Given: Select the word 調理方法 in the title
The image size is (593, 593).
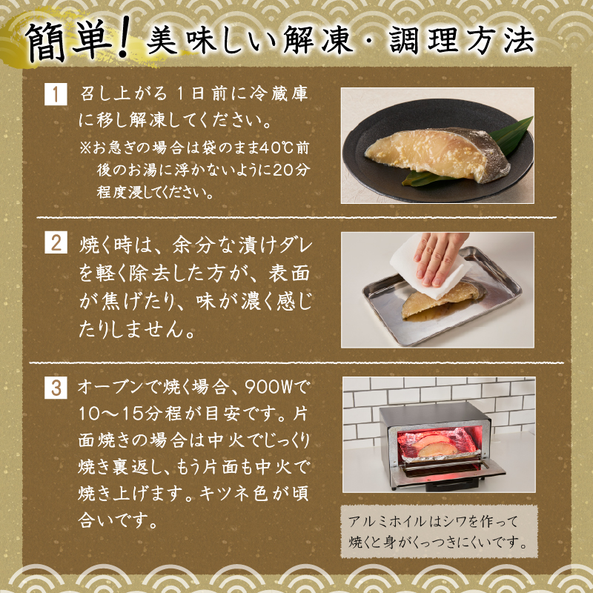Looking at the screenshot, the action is (x=462, y=40).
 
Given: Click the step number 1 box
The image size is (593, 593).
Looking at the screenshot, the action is (x=56, y=94).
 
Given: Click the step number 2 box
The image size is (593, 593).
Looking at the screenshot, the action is (x=56, y=242).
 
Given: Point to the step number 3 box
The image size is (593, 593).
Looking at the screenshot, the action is (x=56, y=388).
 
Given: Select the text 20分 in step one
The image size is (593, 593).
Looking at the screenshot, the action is (x=291, y=170).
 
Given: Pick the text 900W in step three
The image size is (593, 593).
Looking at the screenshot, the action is (x=266, y=386).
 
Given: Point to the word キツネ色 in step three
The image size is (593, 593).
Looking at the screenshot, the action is (x=233, y=494).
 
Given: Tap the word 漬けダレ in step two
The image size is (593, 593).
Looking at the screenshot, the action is (x=275, y=245).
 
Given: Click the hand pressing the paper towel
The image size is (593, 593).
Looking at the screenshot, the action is (x=441, y=257).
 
